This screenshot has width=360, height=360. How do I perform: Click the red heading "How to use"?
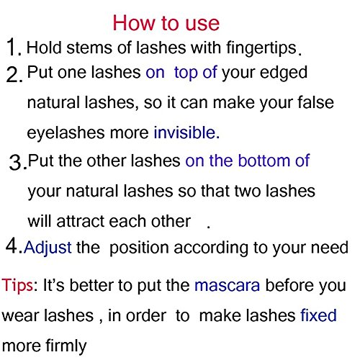[x=166, y=23]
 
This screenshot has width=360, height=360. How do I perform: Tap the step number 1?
[x=12, y=47]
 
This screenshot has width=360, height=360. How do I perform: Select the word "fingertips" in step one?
[x=261, y=48]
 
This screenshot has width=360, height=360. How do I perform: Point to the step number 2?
[x=14, y=74]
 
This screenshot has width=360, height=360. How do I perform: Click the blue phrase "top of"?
[x=196, y=73]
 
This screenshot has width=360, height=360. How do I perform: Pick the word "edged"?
[x=284, y=73]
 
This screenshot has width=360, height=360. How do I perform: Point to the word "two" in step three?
[x=248, y=192]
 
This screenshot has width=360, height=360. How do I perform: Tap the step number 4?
[x=12, y=246]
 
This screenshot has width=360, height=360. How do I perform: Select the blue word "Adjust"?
[x=48, y=248]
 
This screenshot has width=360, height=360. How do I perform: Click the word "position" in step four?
[x=139, y=248]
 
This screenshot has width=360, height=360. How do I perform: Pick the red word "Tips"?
[x=17, y=286]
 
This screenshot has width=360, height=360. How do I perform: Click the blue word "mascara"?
[x=227, y=286]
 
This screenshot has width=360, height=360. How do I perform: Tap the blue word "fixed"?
[x=318, y=315]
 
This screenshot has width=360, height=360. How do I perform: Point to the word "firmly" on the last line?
[x=66, y=346]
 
